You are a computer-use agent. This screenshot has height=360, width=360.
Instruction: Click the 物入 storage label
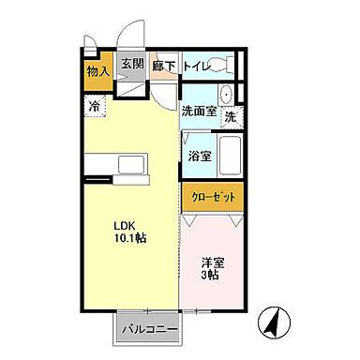point(98,70)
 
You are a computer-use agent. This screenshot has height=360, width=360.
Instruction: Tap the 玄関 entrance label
point(131,65)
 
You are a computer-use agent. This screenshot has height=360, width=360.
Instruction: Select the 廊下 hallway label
point(165,66)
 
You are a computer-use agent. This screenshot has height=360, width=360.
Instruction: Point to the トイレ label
point(196,66)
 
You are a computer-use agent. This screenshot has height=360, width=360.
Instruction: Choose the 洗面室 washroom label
point(199,110)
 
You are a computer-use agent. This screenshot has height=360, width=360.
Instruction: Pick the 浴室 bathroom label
point(198,156)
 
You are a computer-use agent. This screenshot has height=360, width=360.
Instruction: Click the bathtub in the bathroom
point(229,156)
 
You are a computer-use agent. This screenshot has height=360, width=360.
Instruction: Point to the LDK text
point(126,225)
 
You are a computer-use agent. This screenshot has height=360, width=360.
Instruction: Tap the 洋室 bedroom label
point(213,262)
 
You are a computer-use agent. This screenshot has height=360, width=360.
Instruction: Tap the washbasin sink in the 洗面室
point(226,96)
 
